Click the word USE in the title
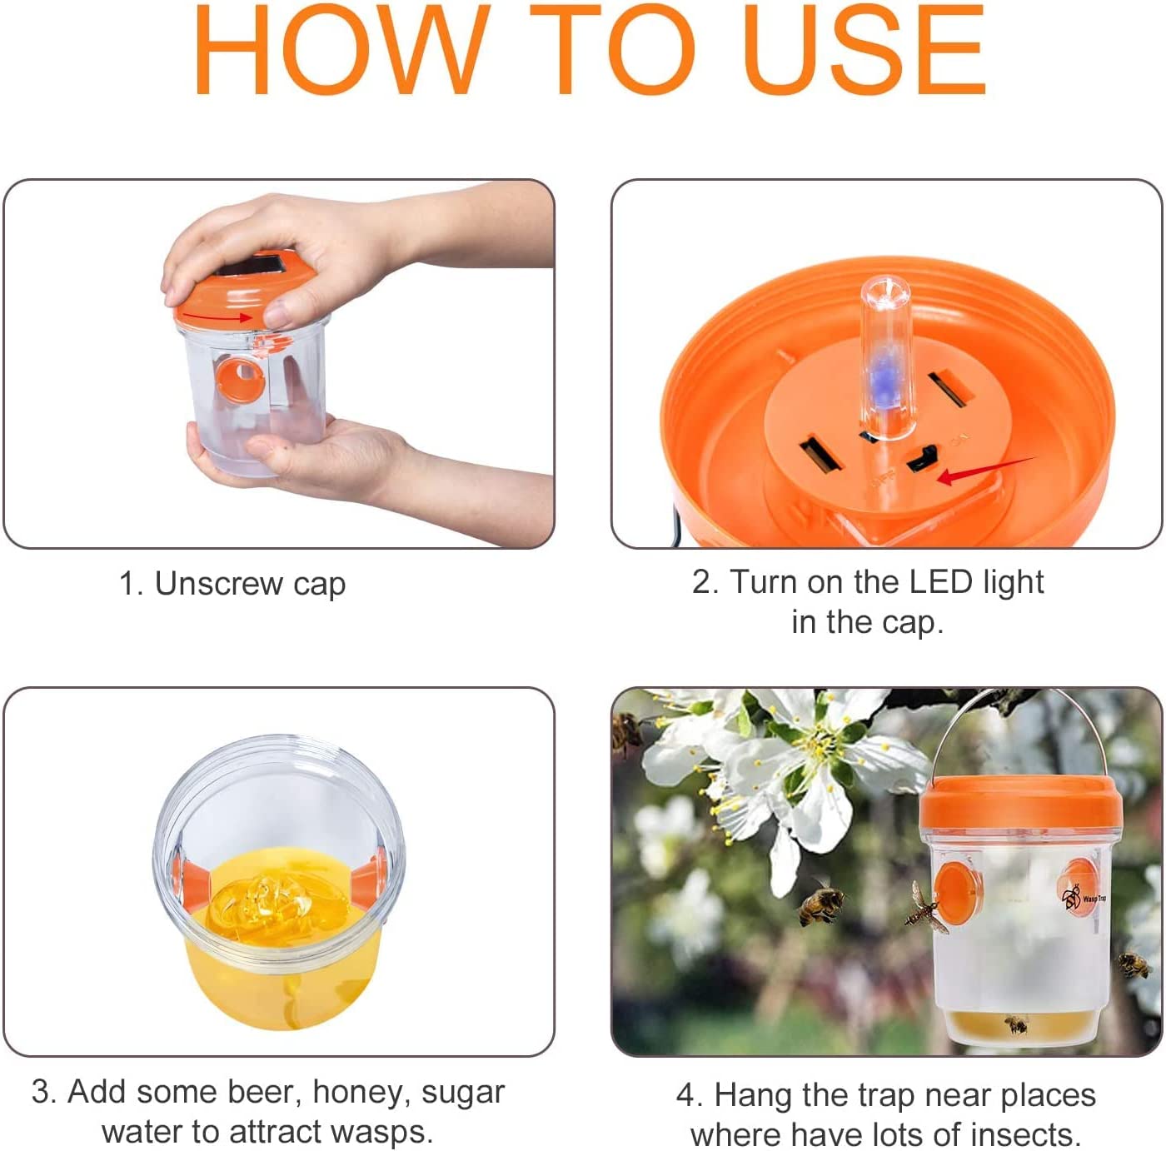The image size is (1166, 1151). (865, 49)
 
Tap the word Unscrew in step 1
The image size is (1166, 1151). (219, 583)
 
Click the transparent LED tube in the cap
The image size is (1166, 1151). (885, 357)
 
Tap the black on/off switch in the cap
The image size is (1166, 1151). (921, 457)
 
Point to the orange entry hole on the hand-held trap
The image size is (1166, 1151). (240, 379)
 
